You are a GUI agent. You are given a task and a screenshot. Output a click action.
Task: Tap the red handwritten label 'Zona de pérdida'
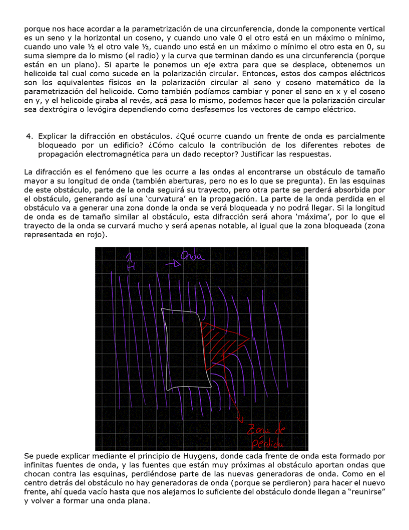tap(266, 437)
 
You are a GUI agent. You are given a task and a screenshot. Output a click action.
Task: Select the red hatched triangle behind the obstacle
tap(220, 342)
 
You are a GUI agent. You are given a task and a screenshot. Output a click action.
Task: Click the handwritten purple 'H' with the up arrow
tap(130, 262)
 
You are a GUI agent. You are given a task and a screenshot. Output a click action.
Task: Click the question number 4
tap(29, 136)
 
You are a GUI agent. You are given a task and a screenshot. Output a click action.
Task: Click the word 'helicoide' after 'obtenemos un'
tap(41, 74)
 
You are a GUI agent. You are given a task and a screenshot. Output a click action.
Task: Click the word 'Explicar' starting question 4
tap(53, 136)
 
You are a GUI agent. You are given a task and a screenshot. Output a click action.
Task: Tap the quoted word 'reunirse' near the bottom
tap(366, 492)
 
